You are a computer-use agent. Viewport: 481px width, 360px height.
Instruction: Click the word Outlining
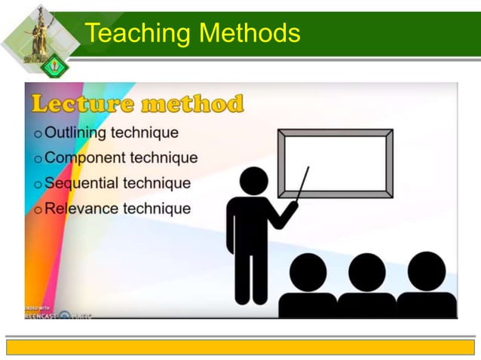click(x=75, y=133)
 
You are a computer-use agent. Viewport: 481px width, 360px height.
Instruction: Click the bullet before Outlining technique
click(x=38, y=134)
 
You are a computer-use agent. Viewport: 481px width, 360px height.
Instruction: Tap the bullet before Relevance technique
click(x=38, y=210)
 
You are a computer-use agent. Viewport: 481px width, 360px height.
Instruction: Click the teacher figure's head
click(x=253, y=181)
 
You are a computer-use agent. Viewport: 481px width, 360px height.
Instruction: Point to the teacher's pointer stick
click(x=302, y=185)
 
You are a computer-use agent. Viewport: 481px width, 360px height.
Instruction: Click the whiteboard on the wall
click(x=335, y=163)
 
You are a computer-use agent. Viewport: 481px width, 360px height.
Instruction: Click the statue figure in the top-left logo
click(x=33, y=30)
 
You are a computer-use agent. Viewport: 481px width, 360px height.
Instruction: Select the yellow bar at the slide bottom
click(x=240, y=346)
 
